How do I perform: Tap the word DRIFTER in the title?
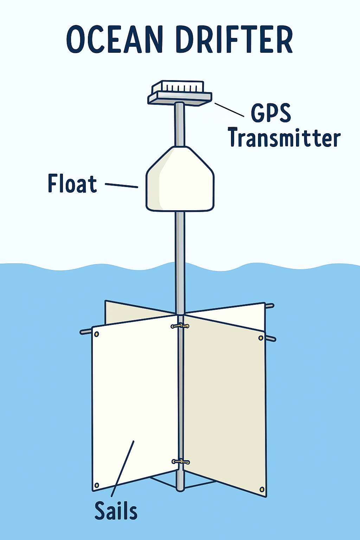point(234,39)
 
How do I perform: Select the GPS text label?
point(271,113)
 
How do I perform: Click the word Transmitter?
point(284,137)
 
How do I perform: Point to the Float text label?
point(72,184)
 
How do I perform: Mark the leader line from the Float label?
point(121,185)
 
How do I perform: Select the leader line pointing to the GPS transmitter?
point(229,109)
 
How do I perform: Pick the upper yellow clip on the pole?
point(180,326)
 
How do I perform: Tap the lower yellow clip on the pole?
point(181,461)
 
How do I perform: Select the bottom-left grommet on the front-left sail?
point(97,486)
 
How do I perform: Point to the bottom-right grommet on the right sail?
point(262,489)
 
